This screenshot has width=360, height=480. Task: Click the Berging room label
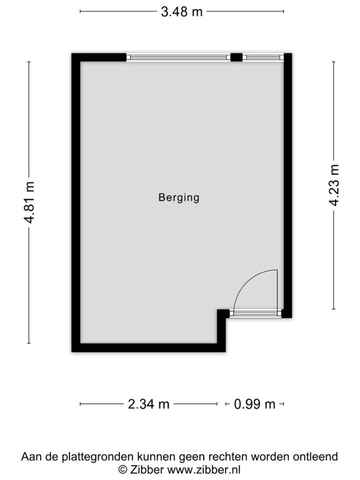coord(179,197)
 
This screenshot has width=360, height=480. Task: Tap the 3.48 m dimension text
coord(182,12)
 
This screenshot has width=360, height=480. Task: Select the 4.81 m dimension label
coord(30,202)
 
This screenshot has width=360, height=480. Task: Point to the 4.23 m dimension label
coord(334,185)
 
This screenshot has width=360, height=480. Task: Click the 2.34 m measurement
coord(149,404)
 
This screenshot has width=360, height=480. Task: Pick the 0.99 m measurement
coord(255,404)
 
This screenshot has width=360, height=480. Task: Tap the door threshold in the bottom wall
coord(255,313)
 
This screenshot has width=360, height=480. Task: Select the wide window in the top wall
coord(178,57)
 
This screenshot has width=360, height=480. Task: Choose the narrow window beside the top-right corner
coord(263,57)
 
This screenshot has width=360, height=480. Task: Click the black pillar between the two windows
coord(236,57)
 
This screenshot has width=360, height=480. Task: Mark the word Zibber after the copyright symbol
coord(147,469)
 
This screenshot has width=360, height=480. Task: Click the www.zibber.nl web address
coord(204,469)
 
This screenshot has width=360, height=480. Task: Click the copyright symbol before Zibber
coord(122,469)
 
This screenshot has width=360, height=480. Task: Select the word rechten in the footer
coord(227,456)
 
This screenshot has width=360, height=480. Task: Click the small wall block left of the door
coord(223,314)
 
